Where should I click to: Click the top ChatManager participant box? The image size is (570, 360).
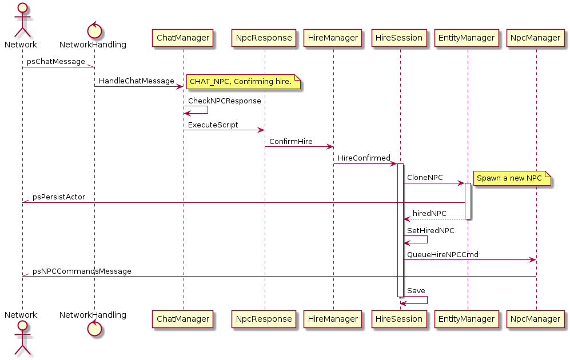pyautogui.click(x=183, y=38)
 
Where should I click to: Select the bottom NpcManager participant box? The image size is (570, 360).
pyautogui.click(x=536, y=318)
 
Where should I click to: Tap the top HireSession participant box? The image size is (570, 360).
pyautogui.click(x=399, y=38)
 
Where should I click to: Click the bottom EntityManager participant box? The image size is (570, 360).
pyautogui.click(x=467, y=318)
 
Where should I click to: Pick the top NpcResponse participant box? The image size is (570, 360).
pyautogui.click(x=264, y=38)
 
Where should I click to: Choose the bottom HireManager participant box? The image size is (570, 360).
pyautogui.click(x=333, y=318)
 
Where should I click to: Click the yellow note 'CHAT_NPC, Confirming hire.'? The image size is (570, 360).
pyautogui.click(x=241, y=82)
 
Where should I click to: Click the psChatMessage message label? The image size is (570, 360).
pyautogui.click(x=56, y=62)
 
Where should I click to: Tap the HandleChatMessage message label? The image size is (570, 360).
pyautogui.click(x=137, y=81)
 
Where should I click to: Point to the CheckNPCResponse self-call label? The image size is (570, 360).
pyautogui.click(x=225, y=101)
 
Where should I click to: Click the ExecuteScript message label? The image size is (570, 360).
pyautogui.click(x=213, y=125)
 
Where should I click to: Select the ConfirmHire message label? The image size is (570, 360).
pyautogui.click(x=291, y=141)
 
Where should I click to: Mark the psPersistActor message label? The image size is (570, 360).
pyautogui.click(x=59, y=197)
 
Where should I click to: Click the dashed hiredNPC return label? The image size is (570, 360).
pyautogui.click(x=429, y=214)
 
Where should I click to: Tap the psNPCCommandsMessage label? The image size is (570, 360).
pyautogui.click(x=82, y=271)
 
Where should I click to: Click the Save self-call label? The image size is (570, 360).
pyautogui.click(x=416, y=291)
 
